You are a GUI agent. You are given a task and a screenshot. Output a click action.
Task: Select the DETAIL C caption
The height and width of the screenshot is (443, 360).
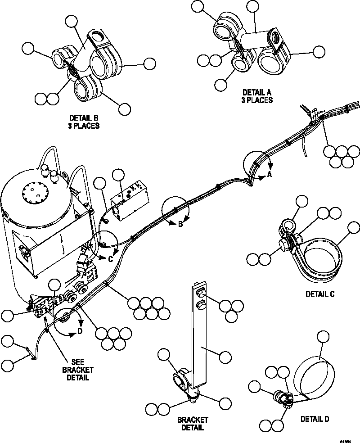(320, 294)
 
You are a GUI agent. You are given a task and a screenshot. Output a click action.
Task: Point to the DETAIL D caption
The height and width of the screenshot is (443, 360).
(315, 419)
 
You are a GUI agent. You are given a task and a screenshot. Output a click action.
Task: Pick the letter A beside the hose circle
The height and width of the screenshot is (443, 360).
(269, 174)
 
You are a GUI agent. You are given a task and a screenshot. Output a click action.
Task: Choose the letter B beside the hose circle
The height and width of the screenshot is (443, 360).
(180, 225)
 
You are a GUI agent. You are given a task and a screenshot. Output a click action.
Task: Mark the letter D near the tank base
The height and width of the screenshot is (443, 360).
(80, 332)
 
